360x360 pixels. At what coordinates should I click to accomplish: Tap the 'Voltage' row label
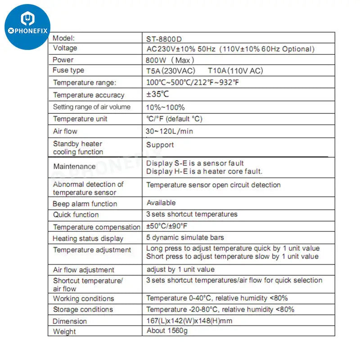(65, 48)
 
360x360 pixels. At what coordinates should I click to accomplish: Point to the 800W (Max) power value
(170, 60)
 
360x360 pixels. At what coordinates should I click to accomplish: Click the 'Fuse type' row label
(68, 70)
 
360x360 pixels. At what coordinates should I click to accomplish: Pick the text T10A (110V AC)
(235, 71)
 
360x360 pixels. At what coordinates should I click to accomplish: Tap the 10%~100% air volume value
(165, 107)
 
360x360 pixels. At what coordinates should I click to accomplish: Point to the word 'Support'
(160, 145)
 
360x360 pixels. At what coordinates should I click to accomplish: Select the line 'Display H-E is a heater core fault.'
(204, 171)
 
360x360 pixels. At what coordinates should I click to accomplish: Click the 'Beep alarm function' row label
(85, 203)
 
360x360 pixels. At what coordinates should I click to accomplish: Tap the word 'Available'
(161, 203)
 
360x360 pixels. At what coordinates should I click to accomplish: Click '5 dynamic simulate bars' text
(185, 238)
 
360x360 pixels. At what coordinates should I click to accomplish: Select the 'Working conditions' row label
(83, 298)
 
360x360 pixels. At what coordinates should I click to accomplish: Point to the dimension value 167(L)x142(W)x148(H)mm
(189, 321)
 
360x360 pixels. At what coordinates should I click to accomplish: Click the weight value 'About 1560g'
(167, 331)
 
